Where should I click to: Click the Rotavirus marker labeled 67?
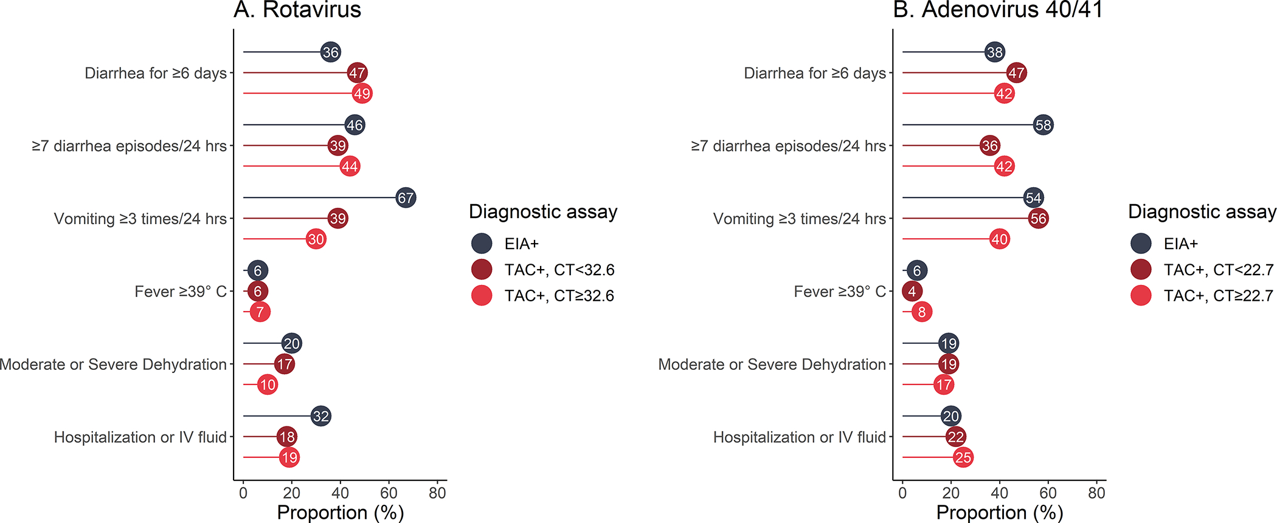pos(406,197)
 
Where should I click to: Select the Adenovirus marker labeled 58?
pos(1043,125)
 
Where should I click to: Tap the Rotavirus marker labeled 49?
pos(362,94)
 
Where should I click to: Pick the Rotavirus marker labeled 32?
pos(320,416)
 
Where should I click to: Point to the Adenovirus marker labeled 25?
pos(963,457)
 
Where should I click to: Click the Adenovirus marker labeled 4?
pos(912,291)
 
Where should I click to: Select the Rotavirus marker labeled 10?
pos(268,385)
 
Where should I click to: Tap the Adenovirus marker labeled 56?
pos(1038,218)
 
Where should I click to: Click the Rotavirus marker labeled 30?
pos(316,239)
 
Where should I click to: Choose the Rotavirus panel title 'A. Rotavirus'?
pos(297,10)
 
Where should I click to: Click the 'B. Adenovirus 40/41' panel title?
pos(998,10)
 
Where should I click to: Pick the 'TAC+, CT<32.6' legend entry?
pos(559,270)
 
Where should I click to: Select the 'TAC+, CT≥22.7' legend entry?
pos(1218,296)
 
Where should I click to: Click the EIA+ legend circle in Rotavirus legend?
pos(482,244)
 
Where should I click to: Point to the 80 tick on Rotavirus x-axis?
pos(437,493)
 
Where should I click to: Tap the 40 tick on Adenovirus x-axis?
pos(999,493)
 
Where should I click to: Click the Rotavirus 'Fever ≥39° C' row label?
pos(181,292)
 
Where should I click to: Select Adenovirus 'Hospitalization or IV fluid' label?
pos(799,437)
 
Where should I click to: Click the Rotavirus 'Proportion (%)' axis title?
pos(340,513)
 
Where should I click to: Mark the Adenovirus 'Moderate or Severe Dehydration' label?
pos(772,364)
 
